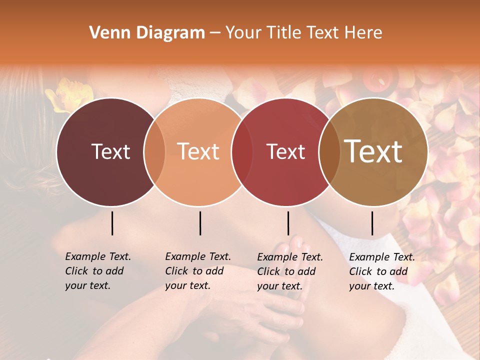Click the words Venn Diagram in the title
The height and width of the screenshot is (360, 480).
click(147, 33)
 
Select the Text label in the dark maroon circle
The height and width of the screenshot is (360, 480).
click(110, 151)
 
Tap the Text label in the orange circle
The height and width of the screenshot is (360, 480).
click(198, 151)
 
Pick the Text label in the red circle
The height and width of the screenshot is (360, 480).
click(285, 151)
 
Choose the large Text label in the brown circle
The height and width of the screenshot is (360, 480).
click(373, 151)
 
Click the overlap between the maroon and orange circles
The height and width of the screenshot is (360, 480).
click(154, 151)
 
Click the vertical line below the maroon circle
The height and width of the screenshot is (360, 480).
click(112, 223)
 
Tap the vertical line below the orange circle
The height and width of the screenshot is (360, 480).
click(200, 223)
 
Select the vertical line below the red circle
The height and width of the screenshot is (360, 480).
click(288, 223)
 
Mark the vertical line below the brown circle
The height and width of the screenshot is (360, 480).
click(372, 223)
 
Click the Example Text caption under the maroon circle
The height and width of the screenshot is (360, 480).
click(98, 271)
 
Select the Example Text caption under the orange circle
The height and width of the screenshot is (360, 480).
click(198, 271)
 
